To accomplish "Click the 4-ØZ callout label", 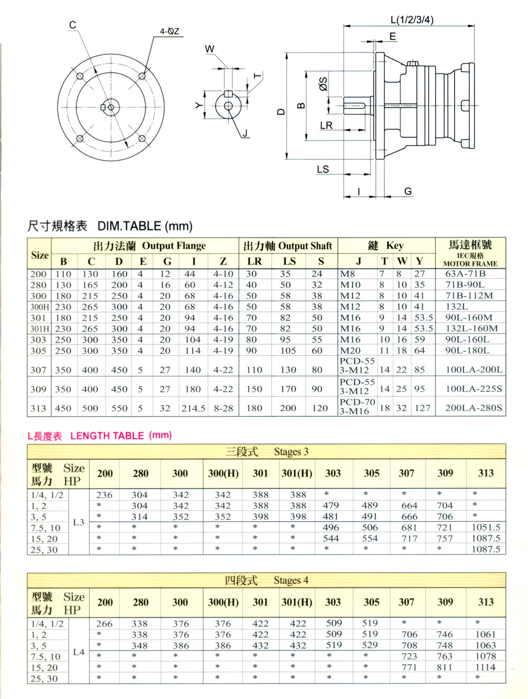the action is [x=169, y=31].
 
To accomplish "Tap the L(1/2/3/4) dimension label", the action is [x=412, y=20].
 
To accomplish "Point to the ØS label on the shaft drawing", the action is [x=323, y=84].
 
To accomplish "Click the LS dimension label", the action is [x=323, y=169].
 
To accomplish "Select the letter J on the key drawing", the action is [x=245, y=133].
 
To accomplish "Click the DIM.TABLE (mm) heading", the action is [x=145, y=226].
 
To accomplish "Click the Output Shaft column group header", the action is [x=305, y=246].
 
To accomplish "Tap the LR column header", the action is [x=254, y=261].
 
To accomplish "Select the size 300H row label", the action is [x=40, y=307].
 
